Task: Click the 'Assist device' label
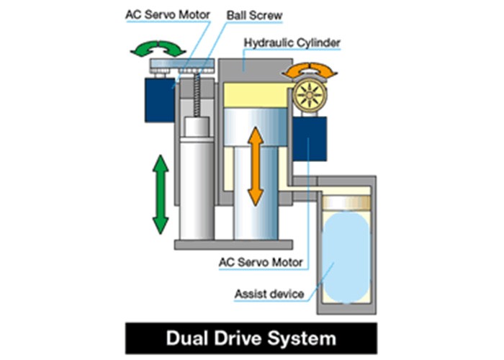[268, 294]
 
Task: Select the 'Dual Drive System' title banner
[251, 338]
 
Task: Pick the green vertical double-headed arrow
[161, 194]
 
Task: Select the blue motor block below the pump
[310, 138]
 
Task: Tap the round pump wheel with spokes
[310, 94]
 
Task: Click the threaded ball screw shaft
[195, 94]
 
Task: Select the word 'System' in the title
[306, 338]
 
